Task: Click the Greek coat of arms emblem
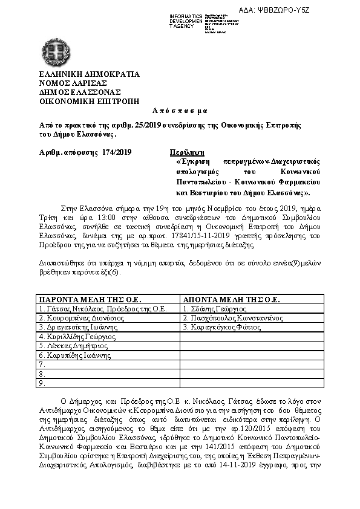click(x=55, y=52)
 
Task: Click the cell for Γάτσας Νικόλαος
click(x=102, y=308)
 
